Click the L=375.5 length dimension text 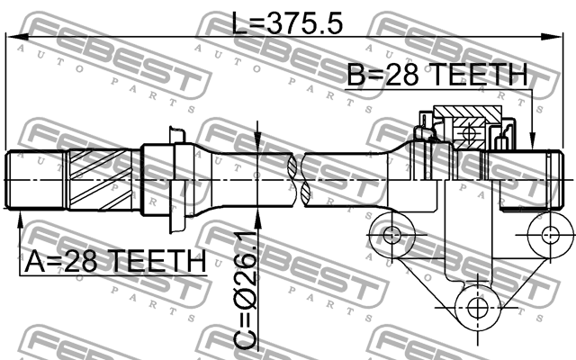pos(288,22)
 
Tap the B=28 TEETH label pos(437,75)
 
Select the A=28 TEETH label pos(115,261)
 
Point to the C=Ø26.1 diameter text pos(246,290)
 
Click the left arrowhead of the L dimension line pos(18,36)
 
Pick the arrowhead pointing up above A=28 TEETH pos(20,221)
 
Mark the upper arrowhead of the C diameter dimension pos(258,141)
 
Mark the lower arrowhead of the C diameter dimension pos(258,220)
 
